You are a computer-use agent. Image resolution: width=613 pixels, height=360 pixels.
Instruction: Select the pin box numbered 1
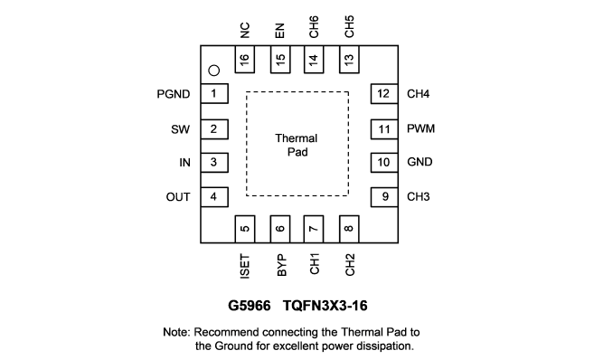pyautogui.click(x=214, y=93)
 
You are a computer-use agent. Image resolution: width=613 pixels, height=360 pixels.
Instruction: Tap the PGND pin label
pyautogui.click(x=174, y=94)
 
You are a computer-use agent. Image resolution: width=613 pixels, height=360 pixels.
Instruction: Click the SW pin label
pyautogui.click(x=180, y=129)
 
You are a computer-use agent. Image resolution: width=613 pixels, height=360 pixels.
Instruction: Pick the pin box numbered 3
pyautogui.click(x=214, y=163)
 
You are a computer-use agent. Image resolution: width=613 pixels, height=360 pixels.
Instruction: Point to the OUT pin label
pyautogui.click(x=178, y=197)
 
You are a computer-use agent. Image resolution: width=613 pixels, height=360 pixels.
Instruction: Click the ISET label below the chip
pyautogui.click(x=245, y=266)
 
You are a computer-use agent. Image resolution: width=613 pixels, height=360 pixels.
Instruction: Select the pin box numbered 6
pyautogui.click(x=280, y=229)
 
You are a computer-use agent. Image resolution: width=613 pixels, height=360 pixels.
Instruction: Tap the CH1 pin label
pyautogui.click(x=315, y=264)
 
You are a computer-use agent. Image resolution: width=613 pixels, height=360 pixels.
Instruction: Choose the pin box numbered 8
pyautogui.click(x=349, y=229)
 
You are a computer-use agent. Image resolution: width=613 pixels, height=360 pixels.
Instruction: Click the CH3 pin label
pyautogui.click(x=419, y=196)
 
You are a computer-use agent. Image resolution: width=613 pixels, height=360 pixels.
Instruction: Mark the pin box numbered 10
pyautogui.click(x=384, y=163)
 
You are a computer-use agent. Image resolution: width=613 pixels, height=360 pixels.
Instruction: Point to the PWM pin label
pyautogui.click(x=421, y=128)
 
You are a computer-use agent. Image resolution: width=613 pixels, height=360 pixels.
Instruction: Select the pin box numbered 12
pyautogui.click(x=384, y=93)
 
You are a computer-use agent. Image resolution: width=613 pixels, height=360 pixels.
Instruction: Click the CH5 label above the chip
pyautogui.click(x=350, y=26)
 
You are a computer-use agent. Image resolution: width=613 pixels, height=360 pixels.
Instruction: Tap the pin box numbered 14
pyautogui.click(x=314, y=60)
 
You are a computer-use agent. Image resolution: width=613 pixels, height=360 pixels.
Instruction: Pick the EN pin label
pyautogui.click(x=280, y=31)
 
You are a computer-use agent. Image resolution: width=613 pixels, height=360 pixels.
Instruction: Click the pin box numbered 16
pyautogui.click(x=245, y=60)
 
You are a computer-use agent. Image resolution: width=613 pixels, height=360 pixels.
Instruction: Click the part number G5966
pyautogui.click(x=250, y=306)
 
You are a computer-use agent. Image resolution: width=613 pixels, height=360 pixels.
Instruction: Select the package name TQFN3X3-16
pyautogui.click(x=325, y=306)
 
